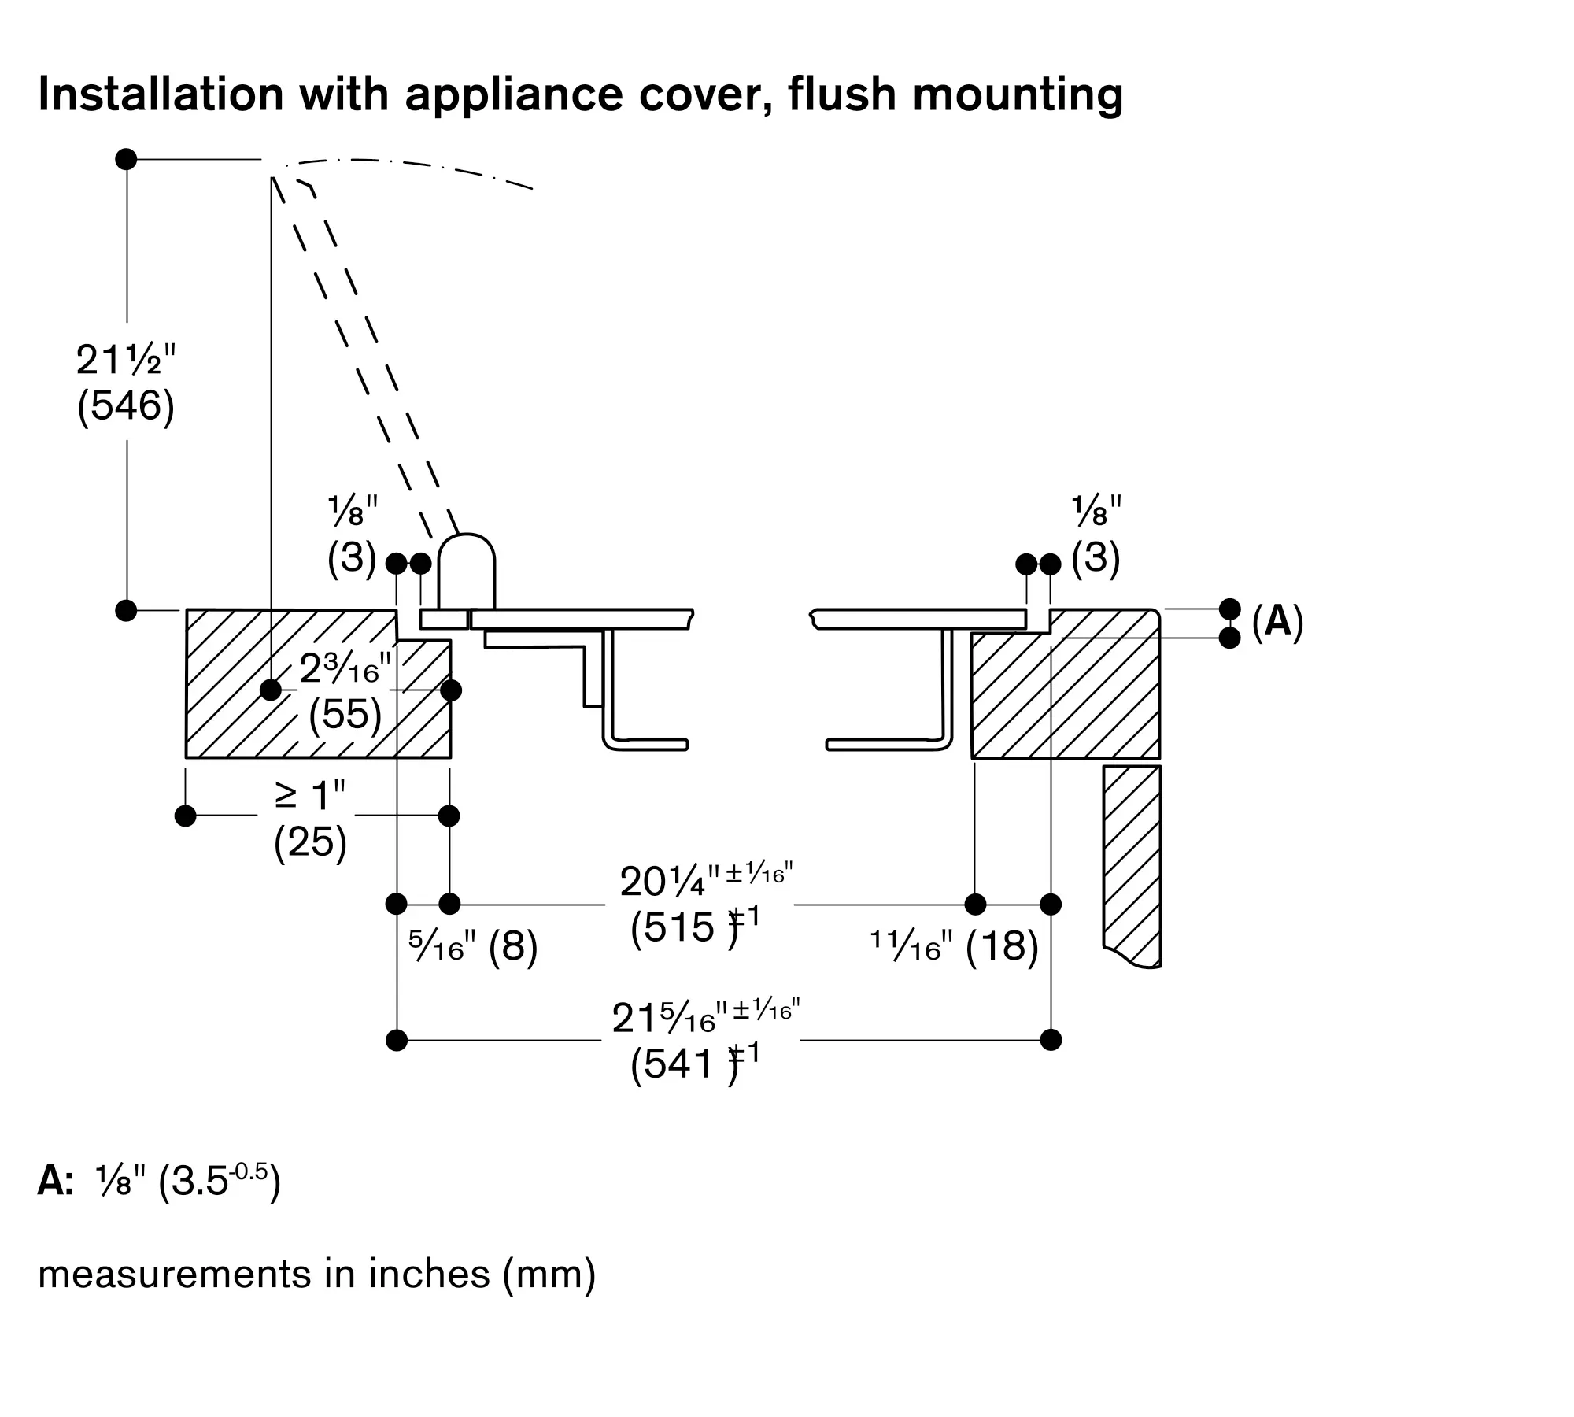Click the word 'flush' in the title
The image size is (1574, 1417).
coord(843,94)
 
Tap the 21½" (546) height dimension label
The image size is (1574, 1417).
coord(126,383)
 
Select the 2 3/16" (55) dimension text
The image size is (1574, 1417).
coord(345,693)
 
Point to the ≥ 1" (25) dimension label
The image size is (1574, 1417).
coord(310,819)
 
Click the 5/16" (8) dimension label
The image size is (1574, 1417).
coord(473,945)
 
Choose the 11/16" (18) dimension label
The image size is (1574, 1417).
coord(954,945)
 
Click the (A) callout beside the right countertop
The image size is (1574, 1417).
coord(1277,622)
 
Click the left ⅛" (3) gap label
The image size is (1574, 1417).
coord(353,535)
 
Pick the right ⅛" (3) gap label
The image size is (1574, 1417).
coord(1096,535)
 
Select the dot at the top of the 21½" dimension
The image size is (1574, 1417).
coord(126,159)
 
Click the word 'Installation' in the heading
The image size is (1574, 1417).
coord(161,94)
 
